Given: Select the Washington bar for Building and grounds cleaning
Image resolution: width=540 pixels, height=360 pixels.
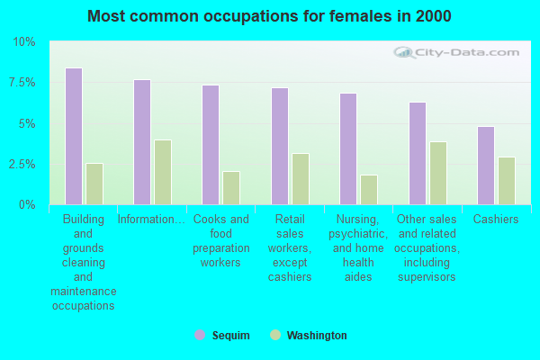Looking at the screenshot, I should pyautogui.click(x=94, y=184).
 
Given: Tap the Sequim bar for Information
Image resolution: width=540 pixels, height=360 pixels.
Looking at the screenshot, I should pyautogui.click(x=142, y=142).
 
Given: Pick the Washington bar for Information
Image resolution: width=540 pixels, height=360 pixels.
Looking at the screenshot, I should pyautogui.click(x=163, y=172).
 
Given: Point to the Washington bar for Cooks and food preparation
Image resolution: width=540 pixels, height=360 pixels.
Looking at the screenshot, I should pyautogui.click(x=231, y=188).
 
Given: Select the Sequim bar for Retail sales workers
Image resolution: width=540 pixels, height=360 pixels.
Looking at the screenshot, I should pyautogui.click(x=280, y=146).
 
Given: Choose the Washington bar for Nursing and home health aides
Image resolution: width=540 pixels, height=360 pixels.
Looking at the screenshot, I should pyautogui.click(x=369, y=190).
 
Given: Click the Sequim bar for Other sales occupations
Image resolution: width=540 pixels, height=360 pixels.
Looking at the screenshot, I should pyautogui.click(x=418, y=153).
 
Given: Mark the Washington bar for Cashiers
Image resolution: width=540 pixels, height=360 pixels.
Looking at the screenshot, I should pyautogui.click(x=507, y=181).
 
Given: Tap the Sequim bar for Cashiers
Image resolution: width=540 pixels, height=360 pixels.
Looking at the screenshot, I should pyautogui.click(x=486, y=166).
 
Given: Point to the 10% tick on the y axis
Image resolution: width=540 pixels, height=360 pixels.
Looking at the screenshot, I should pyautogui.click(x=23, y=42).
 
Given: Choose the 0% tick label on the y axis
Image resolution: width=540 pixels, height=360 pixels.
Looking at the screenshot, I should pyautogui.click(x=27, y=205).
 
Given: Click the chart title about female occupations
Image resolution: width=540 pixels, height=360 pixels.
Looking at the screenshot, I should pyautogui.click(x=270, y=16).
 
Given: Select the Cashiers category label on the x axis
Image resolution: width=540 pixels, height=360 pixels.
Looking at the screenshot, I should pyautogui.click(x=496, y=219).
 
